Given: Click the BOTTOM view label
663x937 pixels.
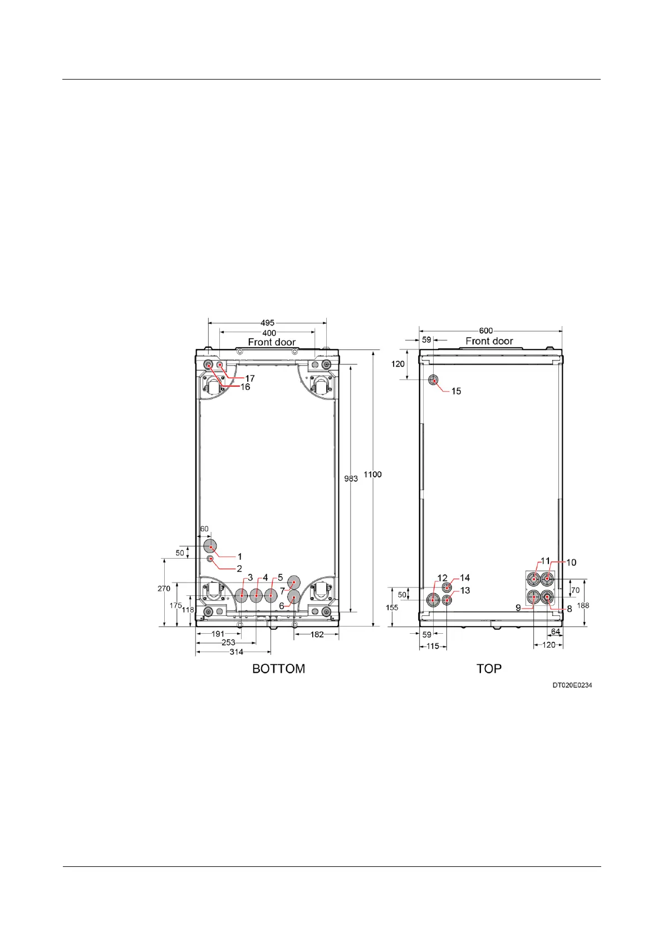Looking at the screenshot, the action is pos(278,668).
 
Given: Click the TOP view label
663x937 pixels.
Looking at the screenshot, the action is pos(489,668).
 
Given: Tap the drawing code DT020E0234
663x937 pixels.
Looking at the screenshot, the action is pos(572,685).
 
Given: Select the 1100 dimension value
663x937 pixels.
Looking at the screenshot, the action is pos(372,475).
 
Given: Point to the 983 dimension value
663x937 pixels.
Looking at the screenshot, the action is pos(351,479).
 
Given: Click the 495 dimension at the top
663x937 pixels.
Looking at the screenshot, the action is pos(267,323).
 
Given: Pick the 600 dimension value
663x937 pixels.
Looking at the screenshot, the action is pos(486,331).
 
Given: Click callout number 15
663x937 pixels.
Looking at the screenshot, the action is pos(456,391).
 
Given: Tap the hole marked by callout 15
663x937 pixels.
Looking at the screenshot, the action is pos(433,380).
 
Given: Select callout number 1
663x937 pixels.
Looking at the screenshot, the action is pos(240,556).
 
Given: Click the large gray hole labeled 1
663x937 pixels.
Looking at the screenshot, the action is pos(210,545).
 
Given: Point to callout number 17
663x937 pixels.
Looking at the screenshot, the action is pos(250,378).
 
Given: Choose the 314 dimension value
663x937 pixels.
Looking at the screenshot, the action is pos(236,652).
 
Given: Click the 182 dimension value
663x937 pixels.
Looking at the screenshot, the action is pos(317,634).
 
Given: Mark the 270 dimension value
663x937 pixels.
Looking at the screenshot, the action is pos(164,589).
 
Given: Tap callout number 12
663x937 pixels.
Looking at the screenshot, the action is pos(442,578).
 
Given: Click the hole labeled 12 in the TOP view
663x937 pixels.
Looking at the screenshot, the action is pos(433,600).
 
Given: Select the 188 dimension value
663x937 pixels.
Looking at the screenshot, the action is pos(583,605).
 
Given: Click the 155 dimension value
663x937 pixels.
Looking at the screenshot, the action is pos(392,608).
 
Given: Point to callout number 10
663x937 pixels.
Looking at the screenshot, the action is pos(571,563).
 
